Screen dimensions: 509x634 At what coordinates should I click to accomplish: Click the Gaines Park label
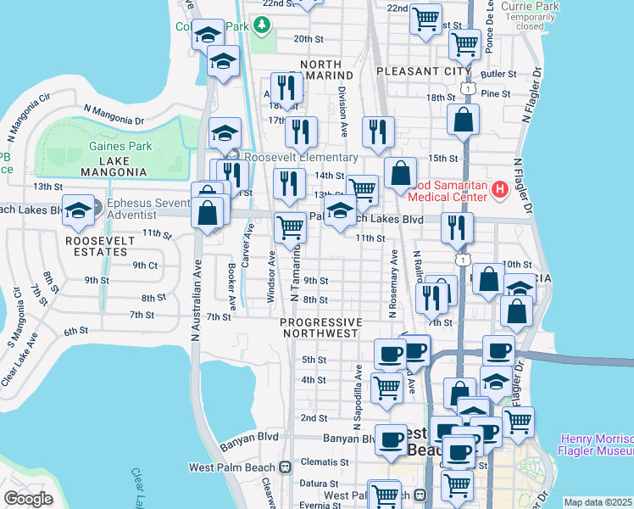click(x=120, y=146)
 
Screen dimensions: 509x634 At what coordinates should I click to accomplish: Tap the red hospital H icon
click(x=499, y=188)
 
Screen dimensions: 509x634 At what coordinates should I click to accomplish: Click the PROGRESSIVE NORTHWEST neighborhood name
click(x=320, y=328)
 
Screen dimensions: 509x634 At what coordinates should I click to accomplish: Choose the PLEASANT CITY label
click(x=416, y=71)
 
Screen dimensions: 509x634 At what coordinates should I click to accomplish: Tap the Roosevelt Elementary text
click(x=301, y=158)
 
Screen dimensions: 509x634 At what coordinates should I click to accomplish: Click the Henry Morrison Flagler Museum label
click(x=596, y=445)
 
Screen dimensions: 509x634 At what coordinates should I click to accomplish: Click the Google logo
click(x=28, y=499)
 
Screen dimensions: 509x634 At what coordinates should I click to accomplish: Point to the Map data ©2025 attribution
click(x=598, y=502)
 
